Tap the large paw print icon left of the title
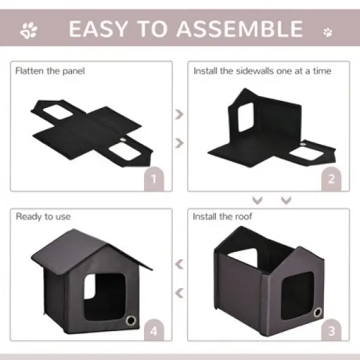pyautogui.click(x=29, y=29)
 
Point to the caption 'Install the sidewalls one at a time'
pyautogui.click(x=262, y=70)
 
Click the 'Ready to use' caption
pyautogui.click(x=43, y=216)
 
